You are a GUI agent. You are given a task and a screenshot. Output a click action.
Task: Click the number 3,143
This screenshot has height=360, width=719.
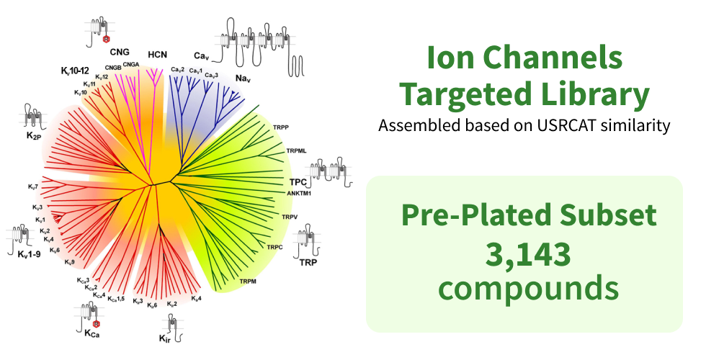pyautogui.click(x=528, y=255)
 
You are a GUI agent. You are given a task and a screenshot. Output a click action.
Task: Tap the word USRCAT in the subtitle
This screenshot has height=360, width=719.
pyautogui.click(x=566, y=125)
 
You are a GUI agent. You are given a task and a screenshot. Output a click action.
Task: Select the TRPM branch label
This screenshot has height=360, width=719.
pyautogui.click(x=248, y=282)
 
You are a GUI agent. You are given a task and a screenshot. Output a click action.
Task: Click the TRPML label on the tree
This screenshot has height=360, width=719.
pyautogui.click(x=297, y=150)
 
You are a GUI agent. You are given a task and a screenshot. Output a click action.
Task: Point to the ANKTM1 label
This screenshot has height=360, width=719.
pyautogui.click(x=299, y=193)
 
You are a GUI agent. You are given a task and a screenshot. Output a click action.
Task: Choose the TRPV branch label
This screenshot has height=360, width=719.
pyautogui.click(x=290, y=217)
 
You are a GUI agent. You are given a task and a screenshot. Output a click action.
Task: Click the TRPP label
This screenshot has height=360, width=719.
pyautogui.click(x=281, y=127)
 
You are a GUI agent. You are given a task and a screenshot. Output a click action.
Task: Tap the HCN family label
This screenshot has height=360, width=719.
pyautogui.click(x=157, y=55)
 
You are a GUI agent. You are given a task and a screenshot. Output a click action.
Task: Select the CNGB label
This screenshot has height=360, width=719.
pyautogui.click(x=113, y=68)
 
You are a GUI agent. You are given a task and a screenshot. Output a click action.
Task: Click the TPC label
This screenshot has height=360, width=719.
pyautogui.click(x=298, y=182)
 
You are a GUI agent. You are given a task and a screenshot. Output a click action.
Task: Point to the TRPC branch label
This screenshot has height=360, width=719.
pyautogui.click(x=274, y=248)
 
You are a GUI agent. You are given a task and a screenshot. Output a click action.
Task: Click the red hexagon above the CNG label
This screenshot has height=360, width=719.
pyautogui.click(x=107, y=40)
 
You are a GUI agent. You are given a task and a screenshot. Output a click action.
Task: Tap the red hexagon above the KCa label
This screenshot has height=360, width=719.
pyautogui.click(x=97, y=324)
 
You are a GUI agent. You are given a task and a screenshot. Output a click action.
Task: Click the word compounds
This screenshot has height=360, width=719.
pyautogui.click(x=529, y=289)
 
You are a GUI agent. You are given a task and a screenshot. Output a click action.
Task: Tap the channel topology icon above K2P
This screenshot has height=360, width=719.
pyautogui.click(x=33, y=117)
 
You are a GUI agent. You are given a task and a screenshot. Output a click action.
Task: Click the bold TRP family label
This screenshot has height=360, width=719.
pyautogui.click(x=308, y=263)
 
